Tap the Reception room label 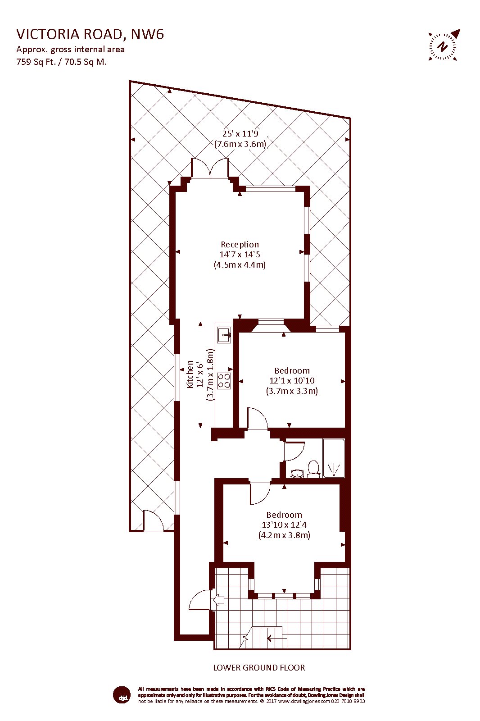tap(240, 244)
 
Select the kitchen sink tap(224, 335)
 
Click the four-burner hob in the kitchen tap(224, 381)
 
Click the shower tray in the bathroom tap(334, 458)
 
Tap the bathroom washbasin tap(297, 473)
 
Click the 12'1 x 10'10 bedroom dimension tap(292, 380)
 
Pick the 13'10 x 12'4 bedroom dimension tap(284, 525)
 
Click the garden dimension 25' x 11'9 tap(240, 133)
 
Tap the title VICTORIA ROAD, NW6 tap(90, 34)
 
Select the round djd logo tap(122, 694)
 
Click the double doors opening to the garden tap(210, 168)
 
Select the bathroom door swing tap(294, 451)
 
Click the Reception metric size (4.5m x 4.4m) tap(240, 265)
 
